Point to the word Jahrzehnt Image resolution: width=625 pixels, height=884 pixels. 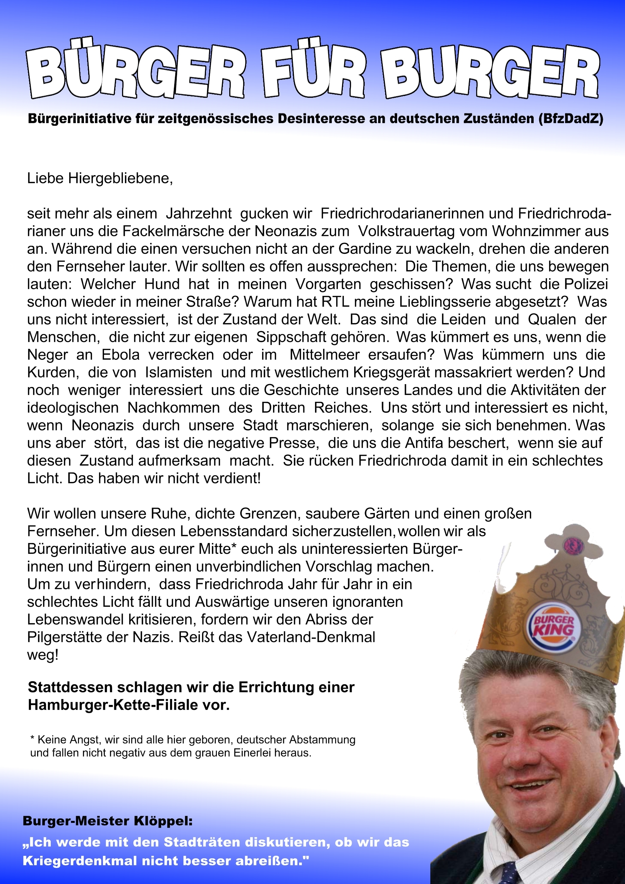(x=199, y=213)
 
